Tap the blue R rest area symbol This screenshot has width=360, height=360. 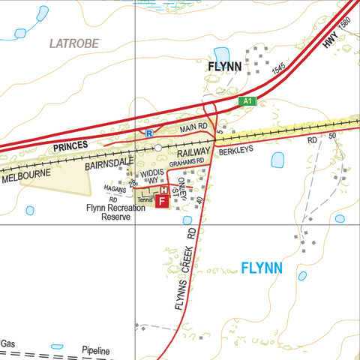148,133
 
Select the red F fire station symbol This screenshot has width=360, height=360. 161,202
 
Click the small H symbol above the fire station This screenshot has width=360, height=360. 165,190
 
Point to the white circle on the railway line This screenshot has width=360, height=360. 158,148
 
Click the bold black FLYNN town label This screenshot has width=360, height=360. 224,67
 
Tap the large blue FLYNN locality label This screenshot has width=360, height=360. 262,268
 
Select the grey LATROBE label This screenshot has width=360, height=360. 74,43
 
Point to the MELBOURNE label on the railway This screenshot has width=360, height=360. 25,175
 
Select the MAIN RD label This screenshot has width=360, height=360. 193,130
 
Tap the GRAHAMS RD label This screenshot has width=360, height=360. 186,163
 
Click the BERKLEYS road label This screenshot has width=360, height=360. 236,150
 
